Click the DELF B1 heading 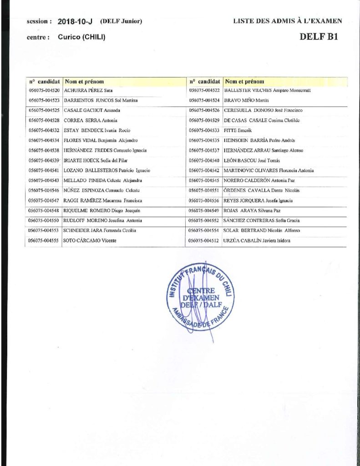click(319, 37)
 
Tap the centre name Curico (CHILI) click(82, 37)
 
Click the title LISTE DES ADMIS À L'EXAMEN click(288, 21)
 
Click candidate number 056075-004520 click(44, 91)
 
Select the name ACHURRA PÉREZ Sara click(88, 91)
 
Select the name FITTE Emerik click(235, 130)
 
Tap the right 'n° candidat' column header click(204, 82)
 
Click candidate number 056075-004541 click(44, 170)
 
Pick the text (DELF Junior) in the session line click(122, 21)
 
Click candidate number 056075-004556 click(204, 200)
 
